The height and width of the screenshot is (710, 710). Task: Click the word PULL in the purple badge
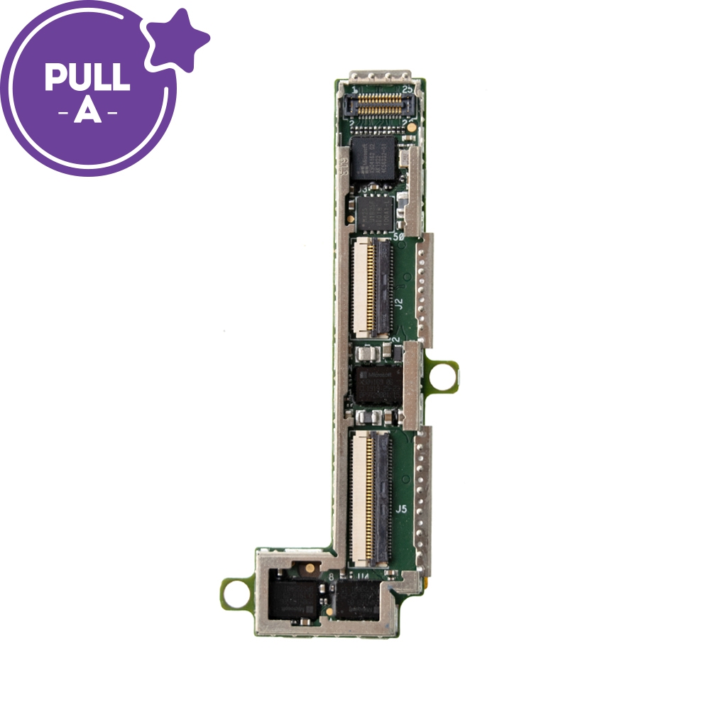click(x=87, y=77)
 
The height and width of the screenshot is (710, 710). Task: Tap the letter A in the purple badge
click(x=87, y=112)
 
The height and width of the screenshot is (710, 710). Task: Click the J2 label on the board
click(x=398, y=303)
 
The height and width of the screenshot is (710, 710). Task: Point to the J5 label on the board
click(x=401, y=509)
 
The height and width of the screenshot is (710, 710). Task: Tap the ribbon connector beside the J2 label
click(x=371, y=288)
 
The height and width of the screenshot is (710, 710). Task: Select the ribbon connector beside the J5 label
click(x=371, y=495)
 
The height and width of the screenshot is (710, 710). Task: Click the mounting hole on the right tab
click(x=443, y=374)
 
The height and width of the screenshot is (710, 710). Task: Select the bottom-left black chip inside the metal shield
click(x=295, y=601)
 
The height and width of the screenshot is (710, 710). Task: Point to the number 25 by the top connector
click(x=408, y=90)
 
